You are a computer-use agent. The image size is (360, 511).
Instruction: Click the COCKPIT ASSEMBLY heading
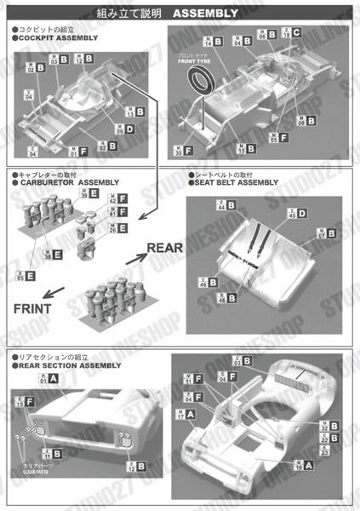tap(56, 38)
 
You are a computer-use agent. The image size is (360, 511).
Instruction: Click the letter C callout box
tap(296, 32)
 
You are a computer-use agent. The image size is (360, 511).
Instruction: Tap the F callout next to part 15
tap(29, 402)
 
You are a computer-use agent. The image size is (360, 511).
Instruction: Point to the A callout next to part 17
tap(189, 414)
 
